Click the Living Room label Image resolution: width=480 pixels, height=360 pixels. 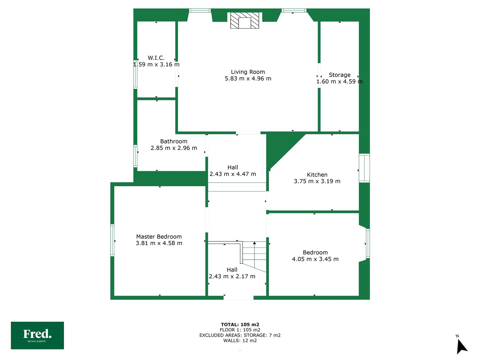pos(248,72)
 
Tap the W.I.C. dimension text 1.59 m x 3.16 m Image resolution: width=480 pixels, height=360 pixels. pos(156,64)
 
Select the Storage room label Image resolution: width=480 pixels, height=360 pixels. pos(339,75)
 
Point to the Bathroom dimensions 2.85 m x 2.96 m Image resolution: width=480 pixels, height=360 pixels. pos(174,148)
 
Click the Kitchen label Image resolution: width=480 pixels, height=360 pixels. pos(317,175)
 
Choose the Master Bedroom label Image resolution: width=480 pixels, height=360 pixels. pos(159,237)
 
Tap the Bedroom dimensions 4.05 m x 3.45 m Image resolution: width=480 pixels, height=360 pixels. pos(315,259)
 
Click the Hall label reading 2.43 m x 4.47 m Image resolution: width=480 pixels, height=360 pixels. pos(233,171)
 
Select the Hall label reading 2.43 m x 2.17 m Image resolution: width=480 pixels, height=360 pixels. pos(232,273)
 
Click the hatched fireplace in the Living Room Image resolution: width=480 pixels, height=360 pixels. pos(244,20)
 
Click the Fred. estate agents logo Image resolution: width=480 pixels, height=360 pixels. pos(37,335)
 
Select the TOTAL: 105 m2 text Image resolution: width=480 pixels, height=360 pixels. pos(240,324)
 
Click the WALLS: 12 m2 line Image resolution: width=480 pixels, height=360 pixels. pos(240,340)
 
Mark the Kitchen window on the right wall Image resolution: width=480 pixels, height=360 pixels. pos(364,168)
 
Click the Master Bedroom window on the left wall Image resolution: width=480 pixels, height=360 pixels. pos(112,240)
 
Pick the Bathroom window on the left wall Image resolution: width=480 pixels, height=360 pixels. pos(135,156)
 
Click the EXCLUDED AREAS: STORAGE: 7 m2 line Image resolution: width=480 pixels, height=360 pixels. pos(240,335)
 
